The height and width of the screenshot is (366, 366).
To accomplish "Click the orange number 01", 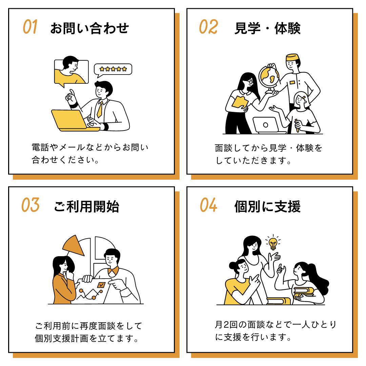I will point(30,27).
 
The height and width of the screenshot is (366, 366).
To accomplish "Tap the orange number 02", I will point(208,27).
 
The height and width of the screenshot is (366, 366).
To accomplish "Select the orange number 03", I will point(30,205).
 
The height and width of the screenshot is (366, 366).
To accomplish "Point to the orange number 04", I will point(208,205).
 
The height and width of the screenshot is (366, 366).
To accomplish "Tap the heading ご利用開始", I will point(86,206).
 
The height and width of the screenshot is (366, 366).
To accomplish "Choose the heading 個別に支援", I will point(267,206).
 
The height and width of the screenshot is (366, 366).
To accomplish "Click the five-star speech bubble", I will point(113,69).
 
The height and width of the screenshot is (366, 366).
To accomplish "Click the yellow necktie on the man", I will point(100,109).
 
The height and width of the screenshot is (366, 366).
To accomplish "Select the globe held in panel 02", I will point(269,77).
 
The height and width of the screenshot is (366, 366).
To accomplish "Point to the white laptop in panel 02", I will point(266,125).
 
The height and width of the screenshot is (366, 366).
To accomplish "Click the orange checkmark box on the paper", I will point(101,285).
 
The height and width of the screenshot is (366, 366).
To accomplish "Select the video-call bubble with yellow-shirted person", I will point(71,72).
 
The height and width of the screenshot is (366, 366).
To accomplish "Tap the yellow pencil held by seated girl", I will point(297,125).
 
